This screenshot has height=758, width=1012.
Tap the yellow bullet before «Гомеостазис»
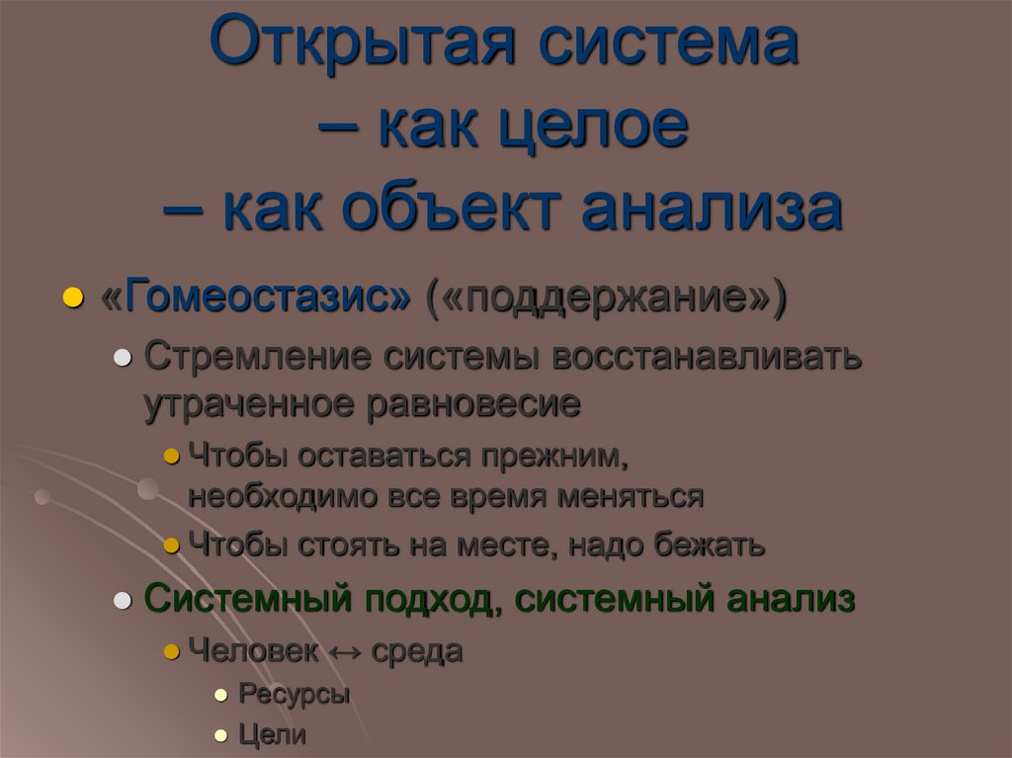[71, 298]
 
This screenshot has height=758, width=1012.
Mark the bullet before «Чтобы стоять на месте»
[171, 545]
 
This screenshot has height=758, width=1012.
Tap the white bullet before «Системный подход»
[124, 601]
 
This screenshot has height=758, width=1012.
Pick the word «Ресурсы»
[295, 694]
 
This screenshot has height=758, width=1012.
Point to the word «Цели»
[273, 735]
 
